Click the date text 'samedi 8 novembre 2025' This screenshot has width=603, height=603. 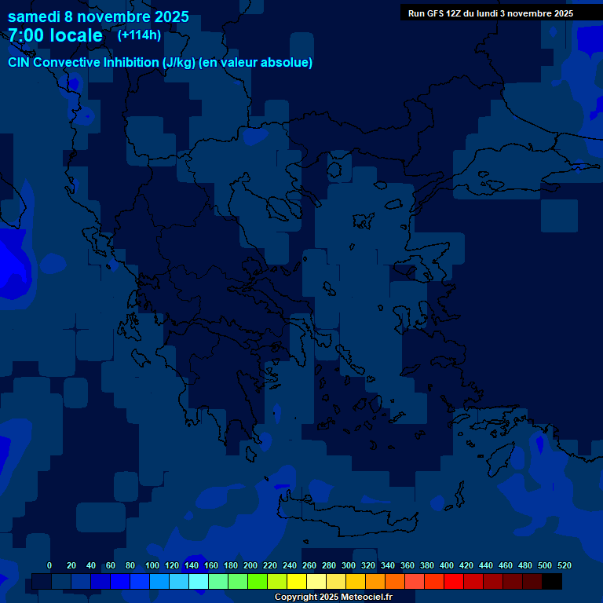click(x=98, y=16)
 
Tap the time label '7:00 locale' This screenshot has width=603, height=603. click(x=55, y=35)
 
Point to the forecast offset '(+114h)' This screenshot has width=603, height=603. click(x=139, y=35)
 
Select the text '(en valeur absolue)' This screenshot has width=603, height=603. click(x=256, y=62)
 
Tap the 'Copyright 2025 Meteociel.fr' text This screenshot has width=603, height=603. click(x=333, y=597)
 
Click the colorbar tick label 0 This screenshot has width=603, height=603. click(x=49, y=565)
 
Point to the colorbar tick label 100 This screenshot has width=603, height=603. click(x=152, y=565)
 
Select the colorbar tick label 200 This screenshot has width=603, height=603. click(x=250, y=565)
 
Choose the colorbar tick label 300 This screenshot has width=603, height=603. click(x=349, y=565)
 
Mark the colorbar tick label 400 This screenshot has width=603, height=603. click(x=447, y=565)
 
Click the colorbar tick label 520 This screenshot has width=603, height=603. click(x=564, y=565)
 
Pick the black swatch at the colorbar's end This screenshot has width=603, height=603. click(x=552, y=582)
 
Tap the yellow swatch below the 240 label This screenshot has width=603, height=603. click(x=297, y=582)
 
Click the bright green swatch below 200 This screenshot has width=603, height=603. click(x=258, y=582)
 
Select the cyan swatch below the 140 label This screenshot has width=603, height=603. click(x=199, y=582)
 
